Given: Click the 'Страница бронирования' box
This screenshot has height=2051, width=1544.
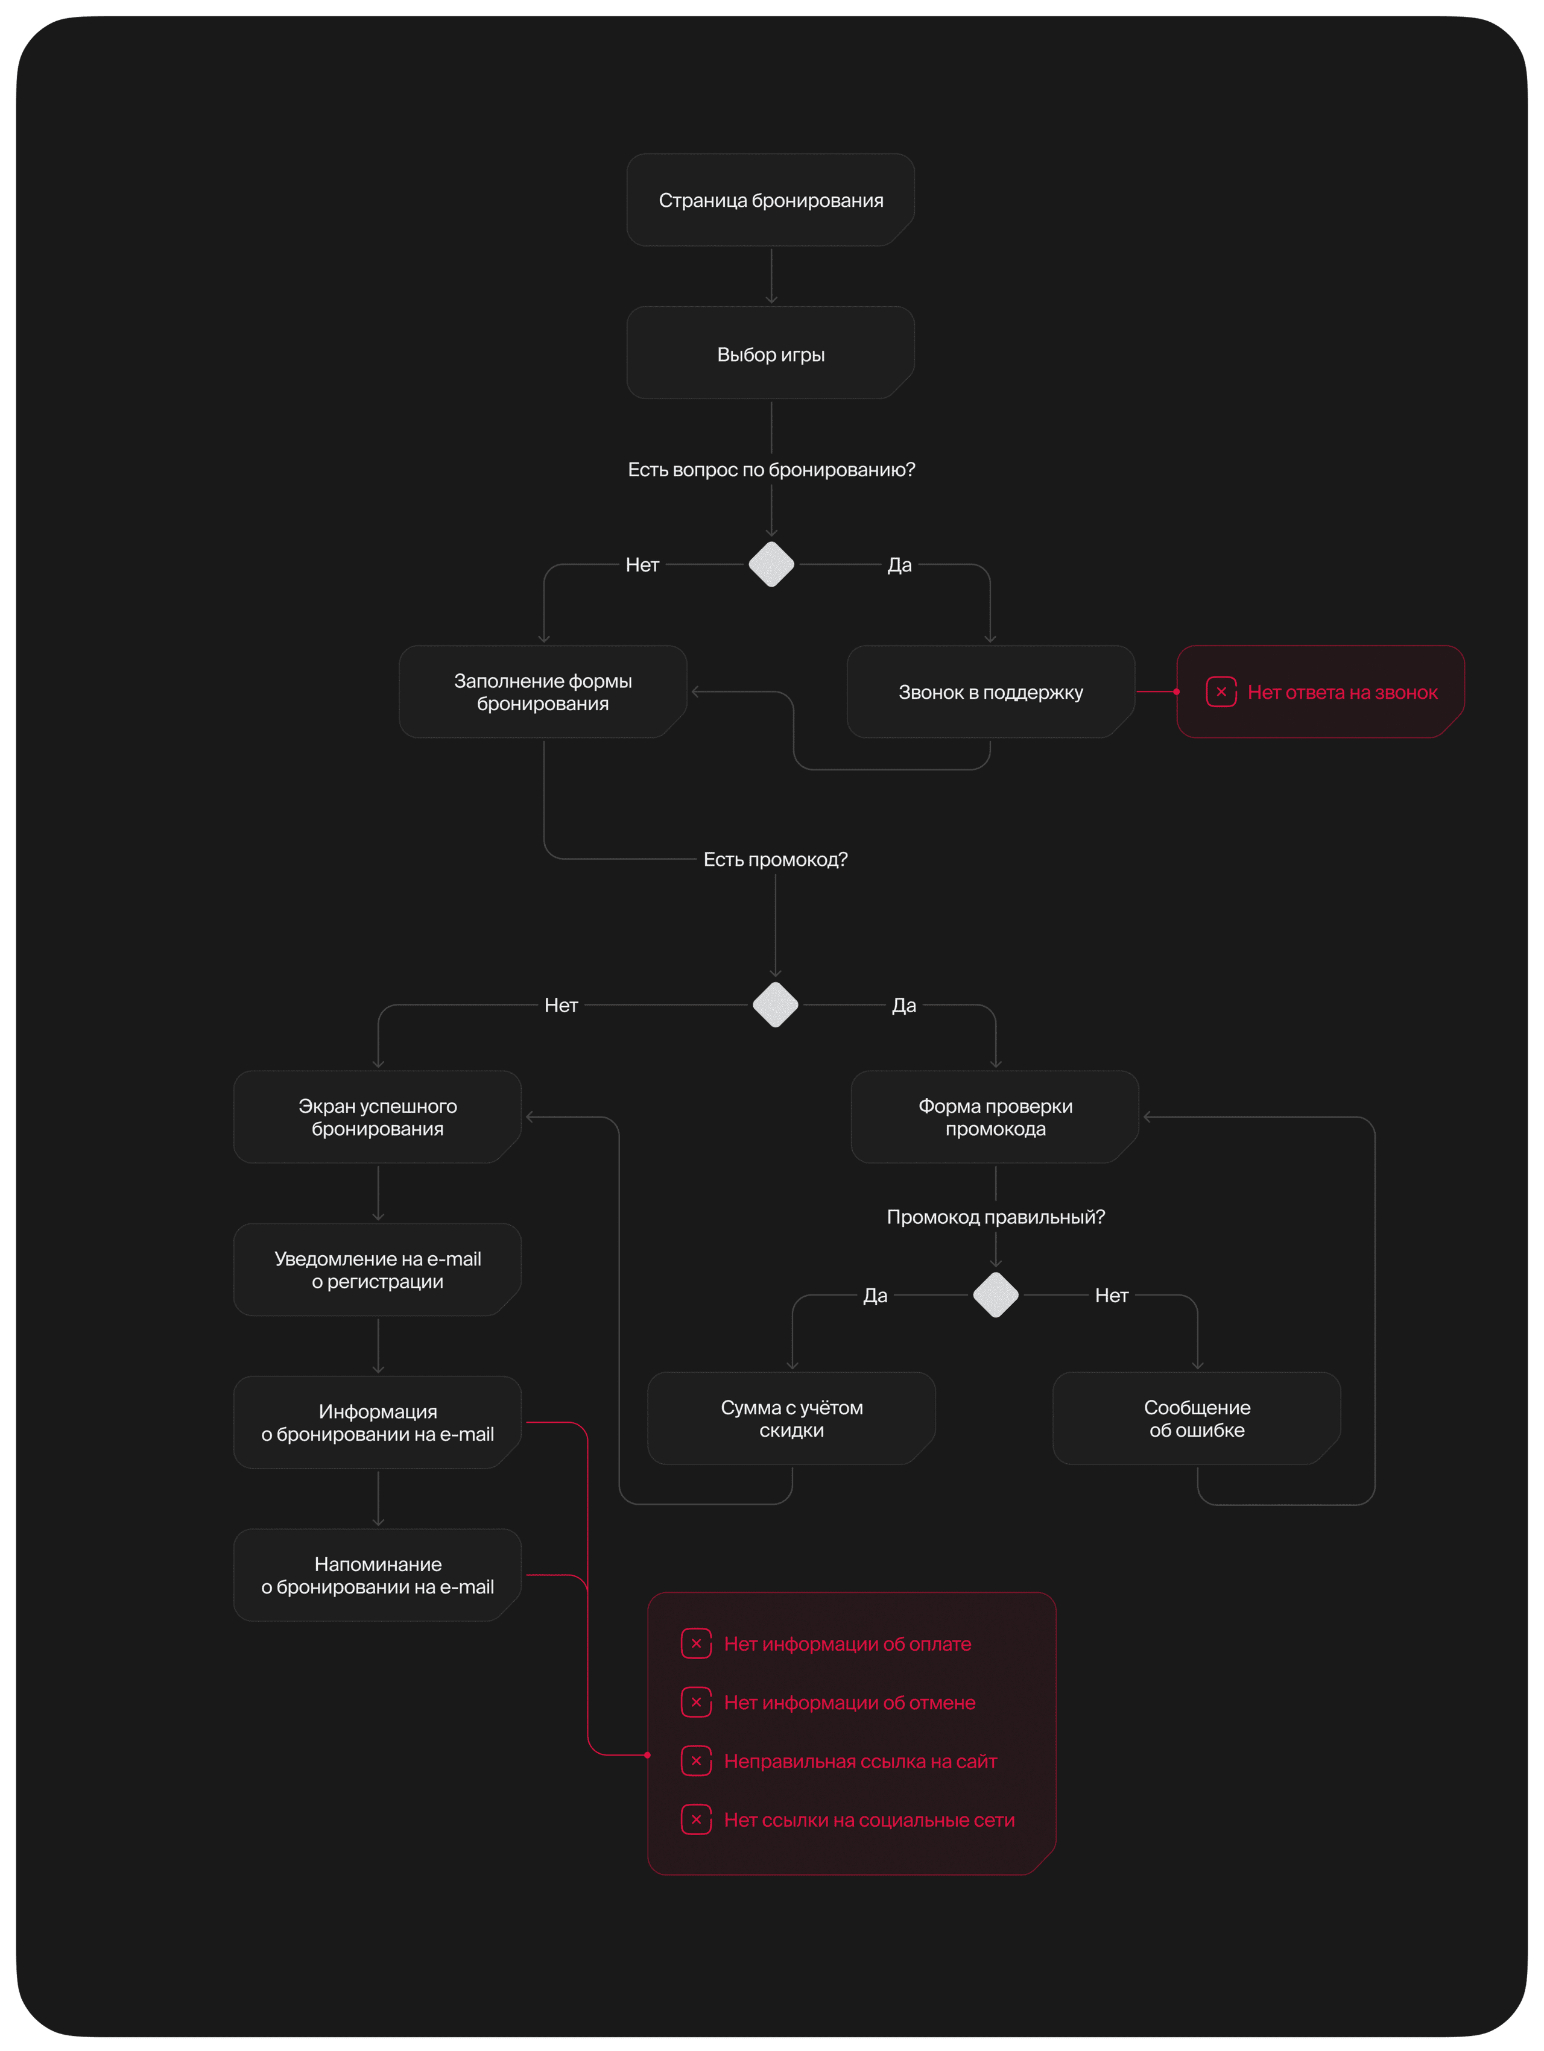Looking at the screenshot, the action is (771, 200).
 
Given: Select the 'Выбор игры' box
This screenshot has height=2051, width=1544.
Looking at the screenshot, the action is (771, 353).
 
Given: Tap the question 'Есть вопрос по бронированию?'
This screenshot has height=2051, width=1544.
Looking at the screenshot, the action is (771, 470).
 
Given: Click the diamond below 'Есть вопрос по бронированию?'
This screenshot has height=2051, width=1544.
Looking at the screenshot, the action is (771, 565).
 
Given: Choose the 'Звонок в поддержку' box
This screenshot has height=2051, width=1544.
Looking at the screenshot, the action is (990, 692).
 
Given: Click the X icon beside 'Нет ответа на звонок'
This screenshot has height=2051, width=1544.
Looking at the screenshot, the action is (1221, 692).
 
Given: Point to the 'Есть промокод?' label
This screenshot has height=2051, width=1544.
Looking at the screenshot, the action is (775, 860).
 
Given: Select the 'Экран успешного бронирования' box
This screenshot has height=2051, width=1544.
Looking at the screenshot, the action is (378, 1117).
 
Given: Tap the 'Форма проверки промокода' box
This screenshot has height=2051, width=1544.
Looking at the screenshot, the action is (995, 1117).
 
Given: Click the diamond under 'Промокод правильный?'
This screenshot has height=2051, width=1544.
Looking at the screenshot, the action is (996, 1294).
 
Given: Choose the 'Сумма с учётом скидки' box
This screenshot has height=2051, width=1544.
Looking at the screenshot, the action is (791, 1419).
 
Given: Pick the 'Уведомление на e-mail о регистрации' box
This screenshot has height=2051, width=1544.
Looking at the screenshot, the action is (378, 1269).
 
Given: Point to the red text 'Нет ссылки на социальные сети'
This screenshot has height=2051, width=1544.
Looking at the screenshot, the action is (869, 1820).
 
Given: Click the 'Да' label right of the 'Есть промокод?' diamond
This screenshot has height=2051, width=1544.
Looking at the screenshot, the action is (904, 1005).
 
